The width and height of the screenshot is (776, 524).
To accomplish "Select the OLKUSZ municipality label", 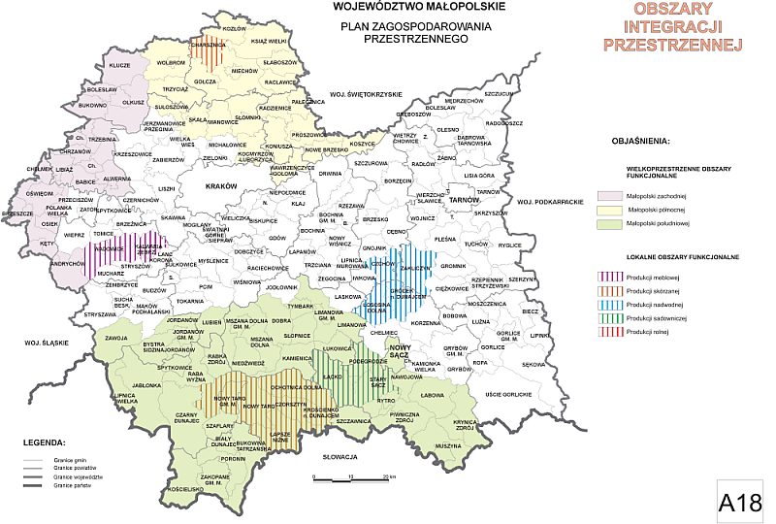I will click(133, 101).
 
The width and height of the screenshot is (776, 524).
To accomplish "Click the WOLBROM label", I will click(171, 62).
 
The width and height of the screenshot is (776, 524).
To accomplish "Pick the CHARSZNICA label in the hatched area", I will click(208, 45).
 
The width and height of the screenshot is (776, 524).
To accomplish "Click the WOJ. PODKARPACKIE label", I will click(548, 201).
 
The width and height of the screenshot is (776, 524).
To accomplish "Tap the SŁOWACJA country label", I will click(341, 455).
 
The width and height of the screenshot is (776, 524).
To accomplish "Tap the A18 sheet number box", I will click(740, 501).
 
